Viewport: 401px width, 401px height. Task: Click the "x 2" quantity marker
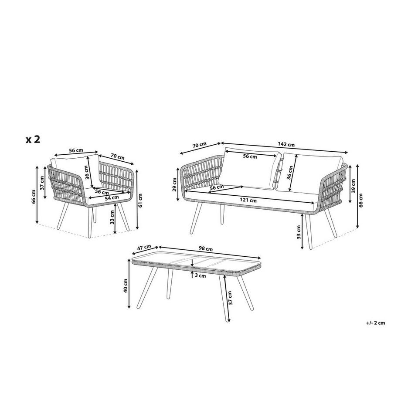coord(33,139)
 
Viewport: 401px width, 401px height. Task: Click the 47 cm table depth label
coord(144,248)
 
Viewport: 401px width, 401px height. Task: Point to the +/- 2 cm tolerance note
coord(375,323)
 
